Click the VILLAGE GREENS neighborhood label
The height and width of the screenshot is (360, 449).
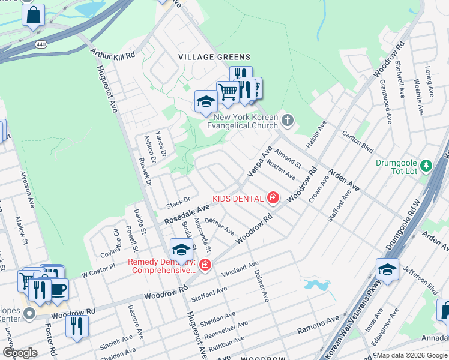click(x=213, y=56)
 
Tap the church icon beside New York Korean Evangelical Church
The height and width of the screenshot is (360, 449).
click(x=288, y=121)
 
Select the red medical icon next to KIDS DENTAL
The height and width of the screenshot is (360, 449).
click(x=273, y=198)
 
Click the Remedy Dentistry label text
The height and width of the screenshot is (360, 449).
click(x=161, y=266)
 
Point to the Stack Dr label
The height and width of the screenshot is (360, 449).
click(x=178, y=200)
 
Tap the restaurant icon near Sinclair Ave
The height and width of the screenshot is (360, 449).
click(x=77, y=326)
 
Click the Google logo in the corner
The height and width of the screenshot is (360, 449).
click(x=20, y=352)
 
